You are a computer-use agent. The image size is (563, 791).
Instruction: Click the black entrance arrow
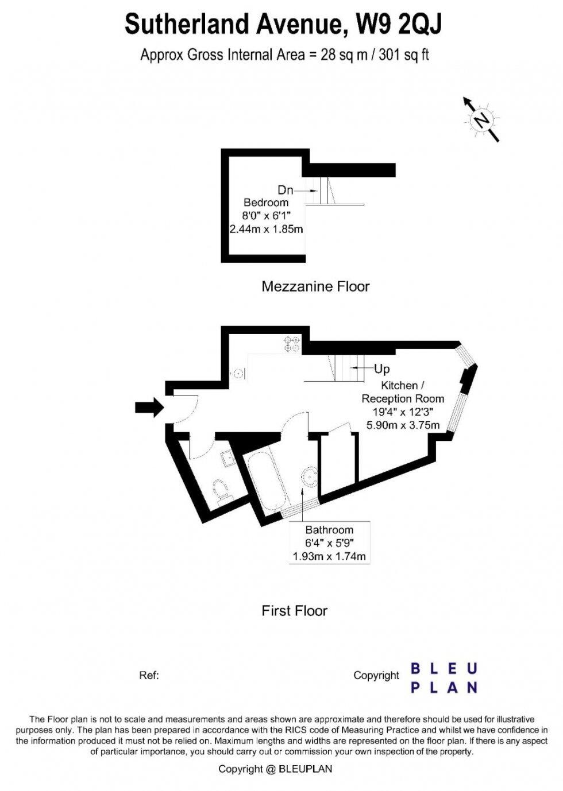(x=149, y=408)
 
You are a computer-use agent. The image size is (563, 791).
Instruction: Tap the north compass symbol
(x=481, y=119)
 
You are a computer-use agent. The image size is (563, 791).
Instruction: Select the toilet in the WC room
(x=221, y=490)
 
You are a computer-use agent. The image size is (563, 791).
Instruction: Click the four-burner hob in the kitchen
(x=292, y=344)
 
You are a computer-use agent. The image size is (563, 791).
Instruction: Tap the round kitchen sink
(x=237, y=373)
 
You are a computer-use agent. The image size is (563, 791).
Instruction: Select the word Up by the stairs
(x=382, y=369)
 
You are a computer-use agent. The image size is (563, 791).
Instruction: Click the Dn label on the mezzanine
(x=285, y=191)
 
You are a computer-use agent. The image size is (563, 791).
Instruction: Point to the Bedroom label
(x=266, y=203)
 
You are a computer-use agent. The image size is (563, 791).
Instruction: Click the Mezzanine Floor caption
(x=315, y=286)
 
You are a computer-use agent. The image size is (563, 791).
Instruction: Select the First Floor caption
(x=294, y=611)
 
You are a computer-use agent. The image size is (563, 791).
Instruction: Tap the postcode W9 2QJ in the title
(x=399, y=25)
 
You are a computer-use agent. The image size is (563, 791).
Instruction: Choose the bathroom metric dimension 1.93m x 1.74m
(x=329, y=557)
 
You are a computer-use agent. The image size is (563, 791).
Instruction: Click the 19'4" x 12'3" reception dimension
(x=403, y=412)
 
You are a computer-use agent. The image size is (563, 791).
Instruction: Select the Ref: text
(x=149, y=675)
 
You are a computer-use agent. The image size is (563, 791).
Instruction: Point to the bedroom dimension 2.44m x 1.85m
(x=266, y=229)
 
